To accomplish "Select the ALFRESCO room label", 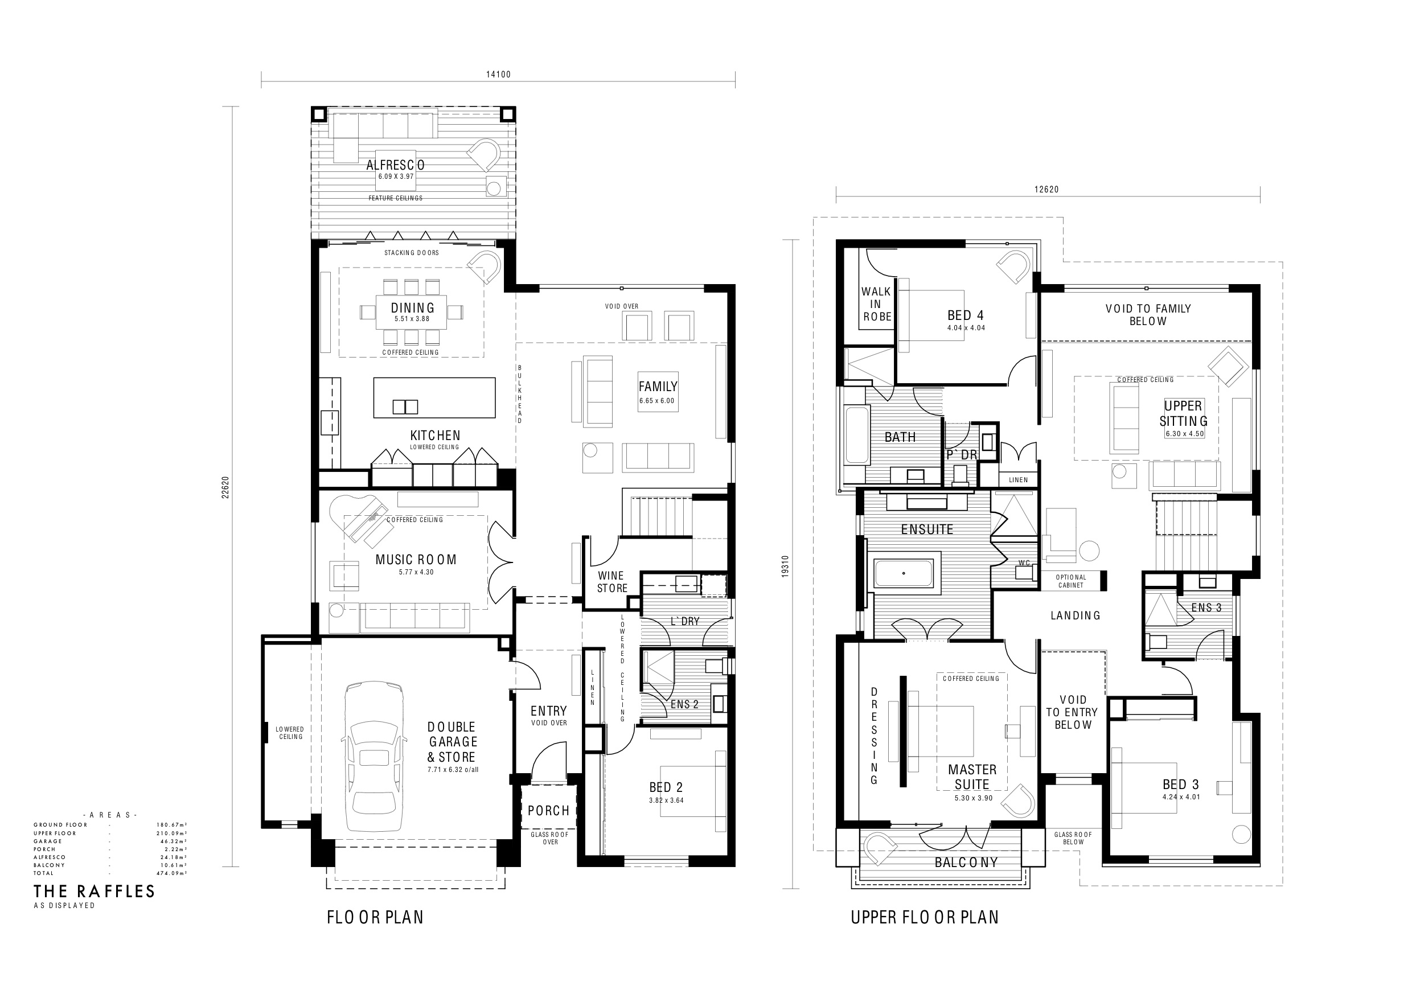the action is (x=396, y=165).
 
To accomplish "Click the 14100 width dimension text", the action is (x=498, y=75).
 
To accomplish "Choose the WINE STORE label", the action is (x=613, y=582).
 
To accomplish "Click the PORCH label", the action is (x=548, y=811).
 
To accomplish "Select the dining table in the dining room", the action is (x=412, y=313).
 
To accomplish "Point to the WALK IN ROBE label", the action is (x=876, y=304).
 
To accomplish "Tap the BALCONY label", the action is (x=966, y=863).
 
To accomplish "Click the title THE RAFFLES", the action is (x=94, y=892).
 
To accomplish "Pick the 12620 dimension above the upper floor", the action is (x=1046, y=190).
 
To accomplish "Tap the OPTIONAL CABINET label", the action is (x=1072, y=581).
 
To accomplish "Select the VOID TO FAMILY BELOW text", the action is (x=1148, y=315).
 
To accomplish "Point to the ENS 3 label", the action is (x=1206, y=607).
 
